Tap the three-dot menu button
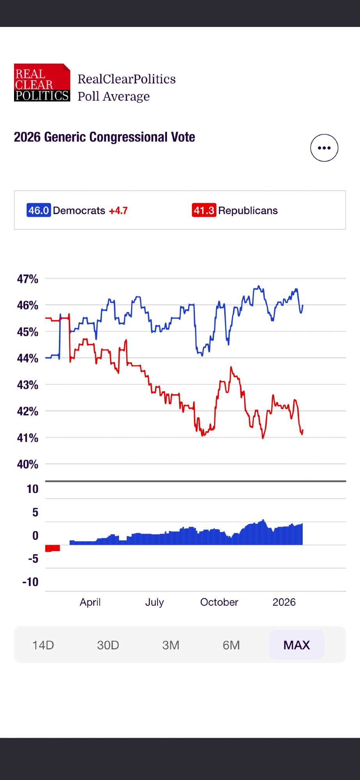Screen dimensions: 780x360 (x=324, y=148)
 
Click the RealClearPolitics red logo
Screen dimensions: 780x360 (x=42, y=83)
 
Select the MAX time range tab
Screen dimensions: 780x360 (x=296, y=645)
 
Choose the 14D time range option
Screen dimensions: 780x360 (x=43, y=645)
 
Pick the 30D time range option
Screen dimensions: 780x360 (x=108, y=645)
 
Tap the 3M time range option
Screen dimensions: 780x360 (x=171, y=645)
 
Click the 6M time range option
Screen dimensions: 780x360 (x=231, y=645)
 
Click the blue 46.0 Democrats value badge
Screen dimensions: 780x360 (x=39, y=211)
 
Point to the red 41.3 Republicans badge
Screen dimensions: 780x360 (x=204, y=211)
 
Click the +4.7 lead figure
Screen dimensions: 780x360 (x=118, y=211)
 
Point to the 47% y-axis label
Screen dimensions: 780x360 (x=28, y=279)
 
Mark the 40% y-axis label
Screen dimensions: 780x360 (x=28, y=464)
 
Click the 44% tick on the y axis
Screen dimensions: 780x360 (x=28, y=358)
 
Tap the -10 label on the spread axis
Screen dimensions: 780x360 (x=30, y=582)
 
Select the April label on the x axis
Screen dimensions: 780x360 (x=90, y=602)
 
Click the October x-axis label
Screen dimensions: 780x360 (x=219, y=602)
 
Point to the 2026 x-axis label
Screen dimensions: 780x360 (x=284, y=602)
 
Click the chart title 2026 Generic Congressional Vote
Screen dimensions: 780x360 (x=105, y=137)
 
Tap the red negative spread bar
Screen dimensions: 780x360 (x=53, y=548)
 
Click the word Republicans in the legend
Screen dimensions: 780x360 (x=248, y=211)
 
